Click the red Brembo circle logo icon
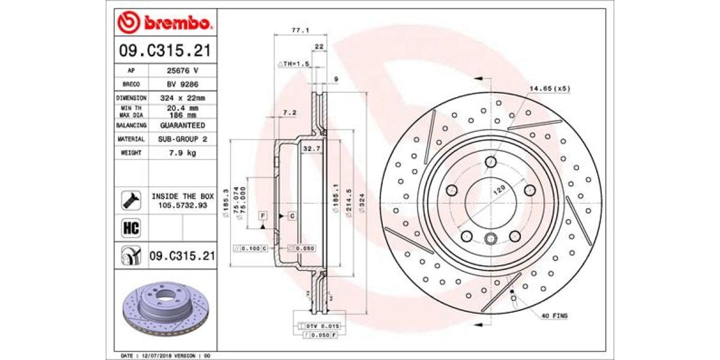pos(128,23)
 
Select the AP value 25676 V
pos(182,70)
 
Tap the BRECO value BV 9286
pos(182,84)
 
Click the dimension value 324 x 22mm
pos(182,98)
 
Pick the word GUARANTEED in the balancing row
pos(182,125)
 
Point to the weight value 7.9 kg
pos(182,153)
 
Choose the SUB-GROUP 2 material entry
pos(182,139)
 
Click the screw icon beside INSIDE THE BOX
pos(131,200)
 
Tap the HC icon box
pos(131,227)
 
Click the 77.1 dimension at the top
pos(296,29)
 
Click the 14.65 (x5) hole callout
pos(549,88)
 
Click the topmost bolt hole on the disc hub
pos(491,161)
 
